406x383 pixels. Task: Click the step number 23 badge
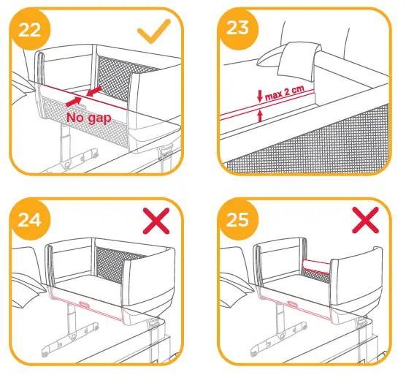point(235,30)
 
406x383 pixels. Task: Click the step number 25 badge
point(236,220)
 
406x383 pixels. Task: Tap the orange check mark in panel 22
point(154,31)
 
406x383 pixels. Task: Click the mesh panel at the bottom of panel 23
point(314,150)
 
